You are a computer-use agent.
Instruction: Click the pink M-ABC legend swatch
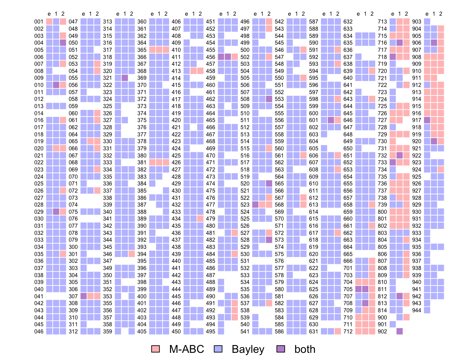pyautogui.click(x=155, y=349)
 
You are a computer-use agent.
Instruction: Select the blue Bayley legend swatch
pyautogui.click(x=218, y=349)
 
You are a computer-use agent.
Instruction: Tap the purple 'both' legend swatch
pyautogui.click(x=281, y=349)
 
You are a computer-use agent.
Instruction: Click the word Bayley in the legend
pyautogui.click(x=248, y=349)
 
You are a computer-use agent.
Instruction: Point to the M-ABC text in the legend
pyautogui.click(x=186, y=349)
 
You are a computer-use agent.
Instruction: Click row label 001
pyautogui.click(x=39, y=22)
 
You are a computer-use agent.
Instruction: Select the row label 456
pyautogui.click(x=211, y=57)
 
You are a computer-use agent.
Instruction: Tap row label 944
pyautogui.click(x=416, y=310)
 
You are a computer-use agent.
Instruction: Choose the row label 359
pyautogui.click(x=107, y=331)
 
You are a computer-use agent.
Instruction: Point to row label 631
pyautogui.click(x=314, y=331)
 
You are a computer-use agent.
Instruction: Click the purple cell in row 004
pyautogui.click(x=63, y=43)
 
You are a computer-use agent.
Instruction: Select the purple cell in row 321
pyautogui.click(x=125, y=78)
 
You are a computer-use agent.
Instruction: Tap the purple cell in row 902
pyautogui.click(x=400, y=331)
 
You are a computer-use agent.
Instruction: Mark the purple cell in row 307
pyautogui.click(x=83, y=296)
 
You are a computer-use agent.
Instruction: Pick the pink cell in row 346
pyautogui.click(x=132, y=254)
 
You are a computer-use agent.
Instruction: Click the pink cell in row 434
pyautogui.click(x=200, y=219)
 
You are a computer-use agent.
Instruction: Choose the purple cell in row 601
pyautogui.click(x=331, y=120)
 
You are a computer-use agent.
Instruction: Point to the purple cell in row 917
pyautogui.click(x=427, y=120)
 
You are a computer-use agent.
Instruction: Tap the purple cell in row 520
pyautogui.click(x=269, y=183)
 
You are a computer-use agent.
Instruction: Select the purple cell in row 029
pyautogui.click(x=56, y=212)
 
